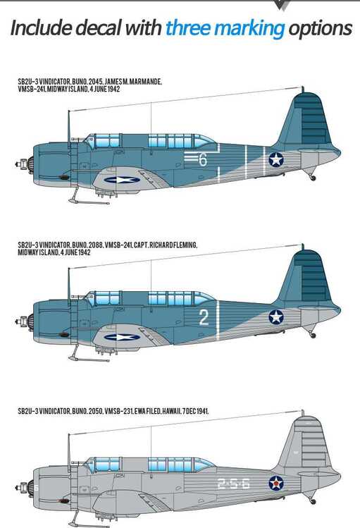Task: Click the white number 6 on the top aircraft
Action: (202, 159)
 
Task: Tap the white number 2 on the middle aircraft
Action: (204, 317)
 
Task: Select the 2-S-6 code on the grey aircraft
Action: (233, 484)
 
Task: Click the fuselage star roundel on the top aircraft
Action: (276, 159)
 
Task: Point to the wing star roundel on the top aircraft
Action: (122, 180)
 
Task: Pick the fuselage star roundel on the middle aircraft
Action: (276, 317)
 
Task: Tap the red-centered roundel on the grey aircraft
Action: (276, 483)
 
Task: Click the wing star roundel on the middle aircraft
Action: (122, 337)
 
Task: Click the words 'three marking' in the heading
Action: (225, 29)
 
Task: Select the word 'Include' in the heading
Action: (41, 27)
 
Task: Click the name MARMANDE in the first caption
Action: (146, 82)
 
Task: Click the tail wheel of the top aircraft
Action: (314, 178)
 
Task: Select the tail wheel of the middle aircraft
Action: (313, 335)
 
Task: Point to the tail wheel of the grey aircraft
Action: (313, 501)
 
